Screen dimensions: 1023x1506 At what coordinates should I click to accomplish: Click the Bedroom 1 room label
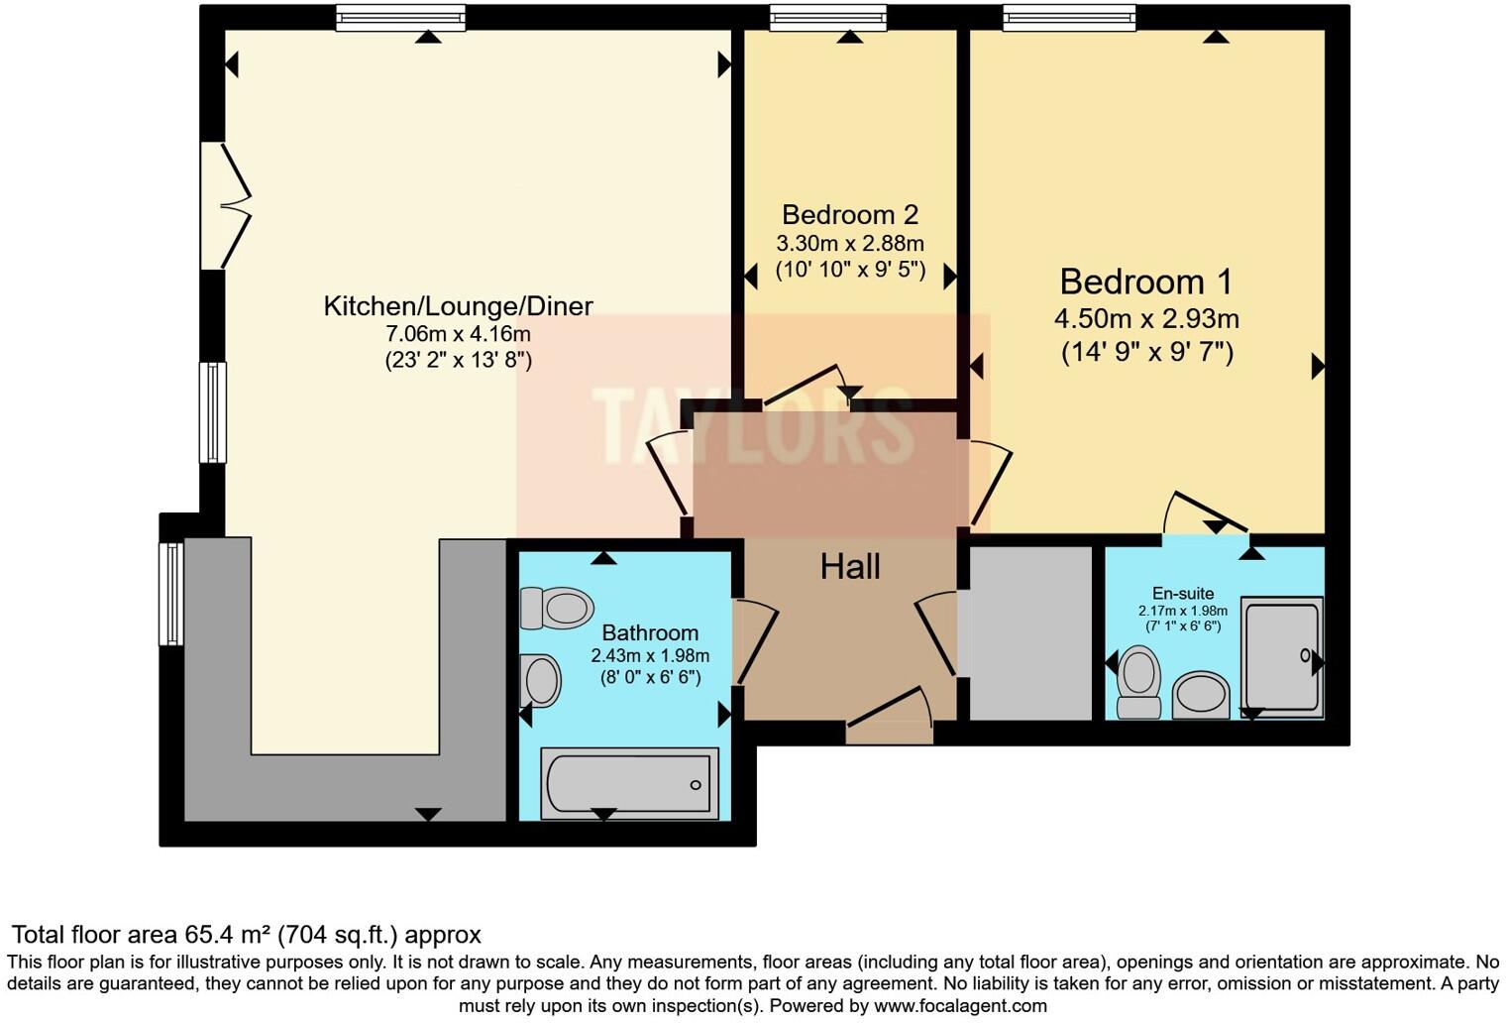(1146, 283)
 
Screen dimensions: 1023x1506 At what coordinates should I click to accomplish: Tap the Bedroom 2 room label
(850, 215)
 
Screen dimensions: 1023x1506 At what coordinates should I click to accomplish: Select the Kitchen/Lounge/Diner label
(458, 306)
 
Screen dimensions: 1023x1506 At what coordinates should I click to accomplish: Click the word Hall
(850, 567)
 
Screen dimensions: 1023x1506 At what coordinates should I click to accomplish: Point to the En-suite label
(1183, 594)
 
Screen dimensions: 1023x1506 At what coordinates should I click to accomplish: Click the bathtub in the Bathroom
(629, 783)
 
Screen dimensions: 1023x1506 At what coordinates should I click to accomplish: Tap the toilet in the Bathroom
(557, 608)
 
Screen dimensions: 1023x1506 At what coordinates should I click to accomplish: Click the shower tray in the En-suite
(1283, 655)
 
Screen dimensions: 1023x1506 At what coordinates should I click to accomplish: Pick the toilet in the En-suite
(1139, 682)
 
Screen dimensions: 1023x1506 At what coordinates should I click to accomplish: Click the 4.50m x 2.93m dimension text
(1146, 319)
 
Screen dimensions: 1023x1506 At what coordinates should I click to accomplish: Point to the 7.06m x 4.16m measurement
(458, 334)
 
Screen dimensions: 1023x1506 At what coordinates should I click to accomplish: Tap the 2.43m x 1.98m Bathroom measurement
(650, 656)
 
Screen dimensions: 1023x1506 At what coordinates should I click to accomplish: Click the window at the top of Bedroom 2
(828, 18)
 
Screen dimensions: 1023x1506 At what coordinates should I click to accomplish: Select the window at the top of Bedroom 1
(1069, 18)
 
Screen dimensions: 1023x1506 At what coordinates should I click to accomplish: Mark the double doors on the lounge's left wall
(224, 206)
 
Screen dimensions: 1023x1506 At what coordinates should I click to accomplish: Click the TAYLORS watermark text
(753, 426)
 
